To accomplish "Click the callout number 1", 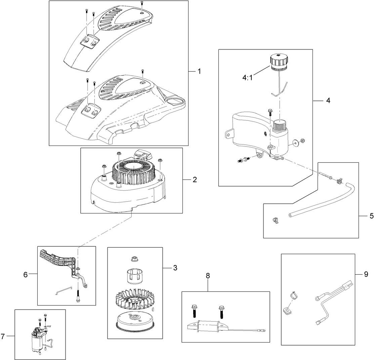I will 199,71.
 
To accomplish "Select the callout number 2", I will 195,179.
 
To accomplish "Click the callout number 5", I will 371,216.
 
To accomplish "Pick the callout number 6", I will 25,274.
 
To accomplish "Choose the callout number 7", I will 3,336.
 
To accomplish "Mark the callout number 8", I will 208,276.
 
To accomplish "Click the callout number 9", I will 366,274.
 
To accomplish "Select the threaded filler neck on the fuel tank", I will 280,127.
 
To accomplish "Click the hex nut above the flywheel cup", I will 134,259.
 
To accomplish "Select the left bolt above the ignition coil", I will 194,311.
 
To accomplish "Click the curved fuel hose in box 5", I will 323,202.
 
